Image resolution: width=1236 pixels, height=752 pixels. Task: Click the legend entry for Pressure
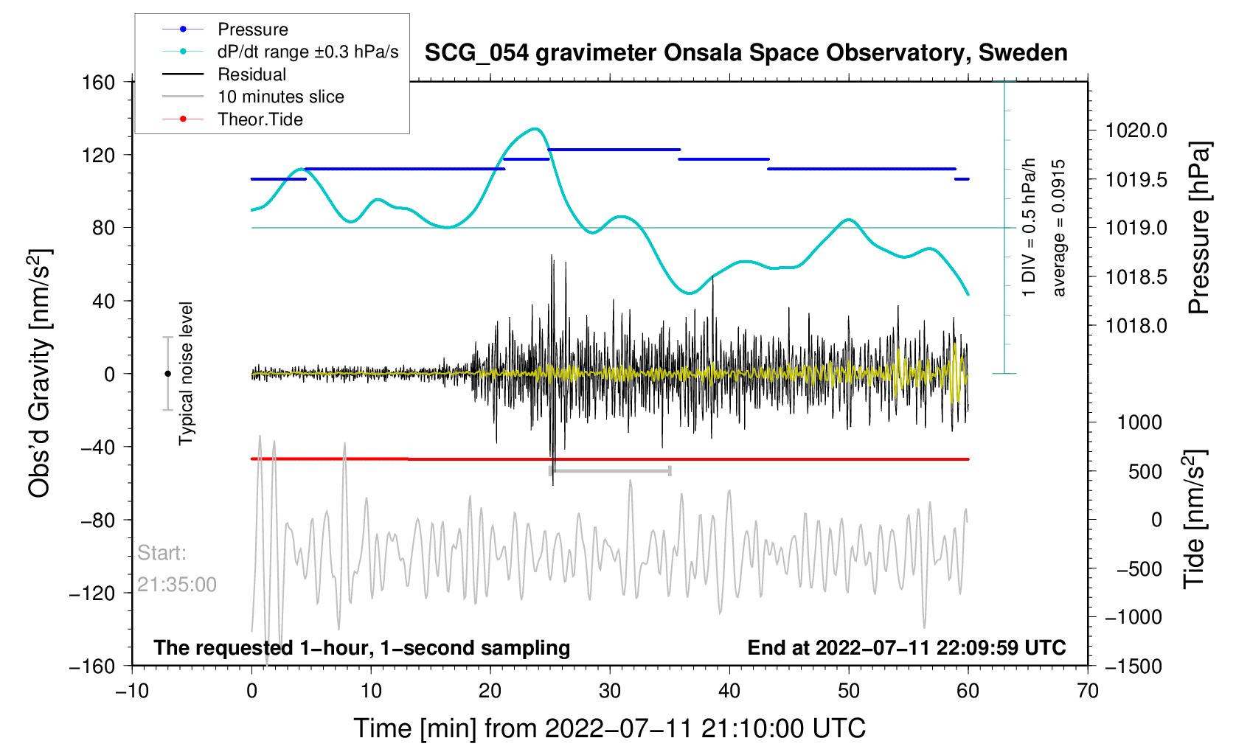[253, 29]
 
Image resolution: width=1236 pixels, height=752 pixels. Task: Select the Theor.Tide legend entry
[260, 119]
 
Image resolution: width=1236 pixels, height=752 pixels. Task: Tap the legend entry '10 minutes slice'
[281, 97]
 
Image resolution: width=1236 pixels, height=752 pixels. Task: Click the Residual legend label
[252, 74]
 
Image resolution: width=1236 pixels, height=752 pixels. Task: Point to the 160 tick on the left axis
[99, 82]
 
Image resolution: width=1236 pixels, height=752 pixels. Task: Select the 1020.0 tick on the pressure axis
[1136, 130]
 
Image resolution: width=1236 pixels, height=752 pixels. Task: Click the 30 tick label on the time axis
[610, 691]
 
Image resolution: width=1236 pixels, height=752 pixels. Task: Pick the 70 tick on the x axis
[1088, 691]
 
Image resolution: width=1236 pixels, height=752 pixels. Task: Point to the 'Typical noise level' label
[186, 373]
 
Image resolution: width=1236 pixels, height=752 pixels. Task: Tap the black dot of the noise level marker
[167, 374]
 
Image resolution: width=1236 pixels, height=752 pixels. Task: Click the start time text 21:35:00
[177, 585]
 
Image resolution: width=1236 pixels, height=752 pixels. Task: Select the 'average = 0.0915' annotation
[1059, 228]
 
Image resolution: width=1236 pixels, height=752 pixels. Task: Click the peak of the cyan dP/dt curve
[535, 129]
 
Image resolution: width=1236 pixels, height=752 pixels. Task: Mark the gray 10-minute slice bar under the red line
[610, 470]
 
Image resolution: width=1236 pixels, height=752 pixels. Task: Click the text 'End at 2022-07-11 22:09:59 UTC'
[906, 648]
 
